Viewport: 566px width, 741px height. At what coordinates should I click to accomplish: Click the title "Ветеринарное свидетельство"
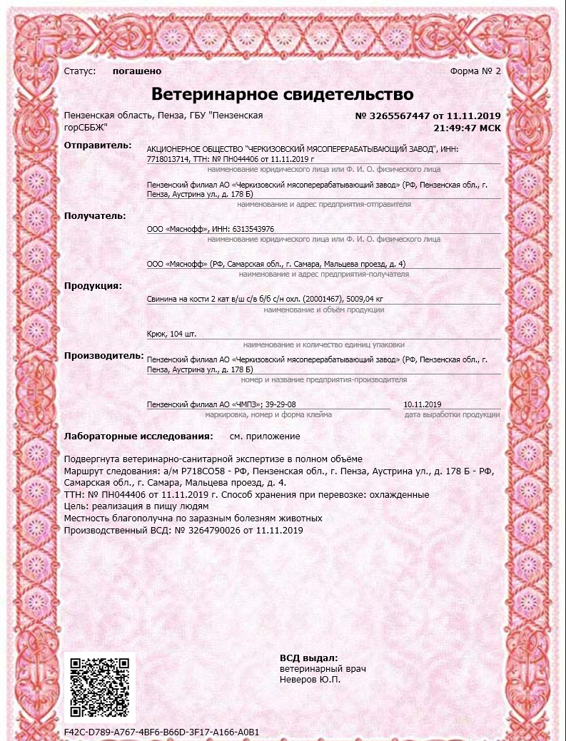coord(283,94)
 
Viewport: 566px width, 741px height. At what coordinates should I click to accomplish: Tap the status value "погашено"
coord(137,71)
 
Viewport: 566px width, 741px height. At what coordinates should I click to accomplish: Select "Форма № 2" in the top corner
coord(475,71)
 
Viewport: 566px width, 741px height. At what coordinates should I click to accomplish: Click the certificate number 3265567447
coord(401,116)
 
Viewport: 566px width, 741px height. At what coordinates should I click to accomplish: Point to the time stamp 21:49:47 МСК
coord(467,128)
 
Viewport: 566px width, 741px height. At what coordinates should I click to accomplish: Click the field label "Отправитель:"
coord(98,145)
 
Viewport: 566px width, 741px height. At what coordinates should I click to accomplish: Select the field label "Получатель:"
coord(95,215)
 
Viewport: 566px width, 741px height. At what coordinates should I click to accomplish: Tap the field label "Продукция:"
coord(93,286)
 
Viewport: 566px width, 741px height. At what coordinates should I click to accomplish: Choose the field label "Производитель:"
coord(103,356)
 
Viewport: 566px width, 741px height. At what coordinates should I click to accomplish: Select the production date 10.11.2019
coord(423,404)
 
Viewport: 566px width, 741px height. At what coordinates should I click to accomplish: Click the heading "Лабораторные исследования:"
coord(138,436)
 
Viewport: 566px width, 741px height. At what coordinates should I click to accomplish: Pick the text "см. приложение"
coord(265,436)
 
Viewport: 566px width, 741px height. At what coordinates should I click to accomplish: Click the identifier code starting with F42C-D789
coord(161,732)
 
